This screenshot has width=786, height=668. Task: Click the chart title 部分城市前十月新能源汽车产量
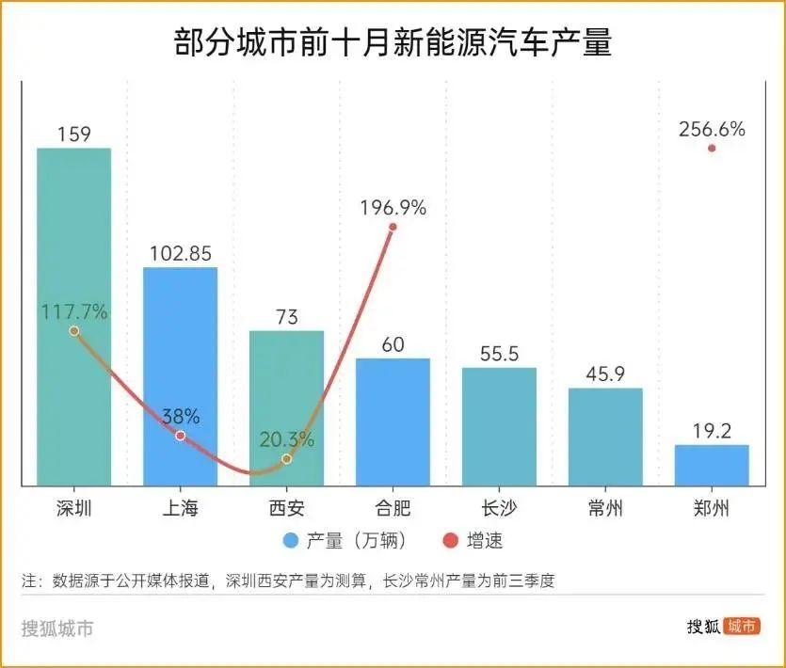coord(393,43)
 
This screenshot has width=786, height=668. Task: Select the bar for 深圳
coord(73,316)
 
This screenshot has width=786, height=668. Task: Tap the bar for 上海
coord(180,376)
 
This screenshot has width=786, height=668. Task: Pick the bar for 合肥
coord(393,421)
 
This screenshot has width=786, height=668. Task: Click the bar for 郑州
coord(712,465)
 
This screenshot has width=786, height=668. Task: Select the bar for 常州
coord(605,437)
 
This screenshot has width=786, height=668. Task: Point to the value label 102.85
coord(180,253)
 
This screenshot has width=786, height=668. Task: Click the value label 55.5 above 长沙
coord(499,353)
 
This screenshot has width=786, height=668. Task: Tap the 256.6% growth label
coord(712,130)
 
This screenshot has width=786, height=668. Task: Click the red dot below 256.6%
coord(712,148)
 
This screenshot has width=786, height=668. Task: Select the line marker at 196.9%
coord(393,227)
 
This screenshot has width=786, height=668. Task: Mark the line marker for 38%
coord(180,437)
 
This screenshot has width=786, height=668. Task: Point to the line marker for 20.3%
coord(286,459)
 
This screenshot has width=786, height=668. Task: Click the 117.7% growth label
coord(73,311)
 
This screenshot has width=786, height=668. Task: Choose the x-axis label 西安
coord(286,509)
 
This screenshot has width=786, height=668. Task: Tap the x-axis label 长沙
coord(499,509)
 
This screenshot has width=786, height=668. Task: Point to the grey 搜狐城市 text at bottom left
coord(57,628)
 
